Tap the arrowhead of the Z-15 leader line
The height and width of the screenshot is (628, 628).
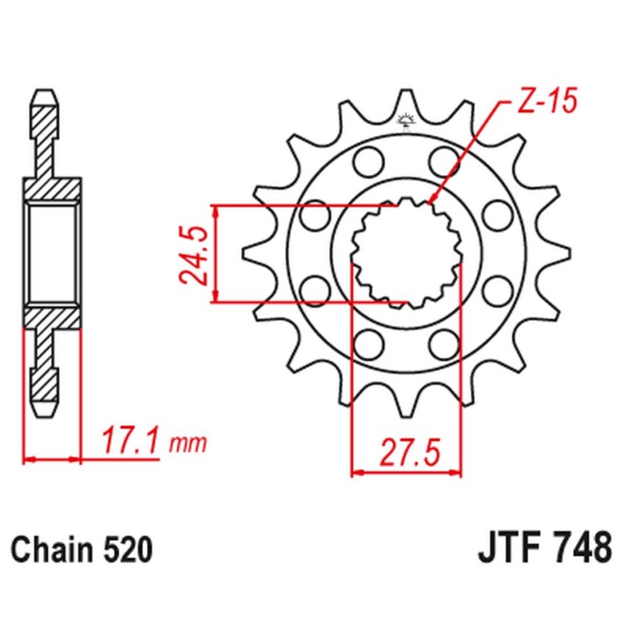click(433, 203)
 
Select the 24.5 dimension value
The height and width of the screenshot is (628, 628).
click(193, 254)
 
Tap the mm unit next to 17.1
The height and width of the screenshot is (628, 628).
click(188, 444)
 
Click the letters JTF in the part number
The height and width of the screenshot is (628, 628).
click(506, 547)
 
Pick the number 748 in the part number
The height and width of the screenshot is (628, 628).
click(581, 547)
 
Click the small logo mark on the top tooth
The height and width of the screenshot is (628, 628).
click(406, 119)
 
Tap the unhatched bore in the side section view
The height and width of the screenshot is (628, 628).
click(53, 253)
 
